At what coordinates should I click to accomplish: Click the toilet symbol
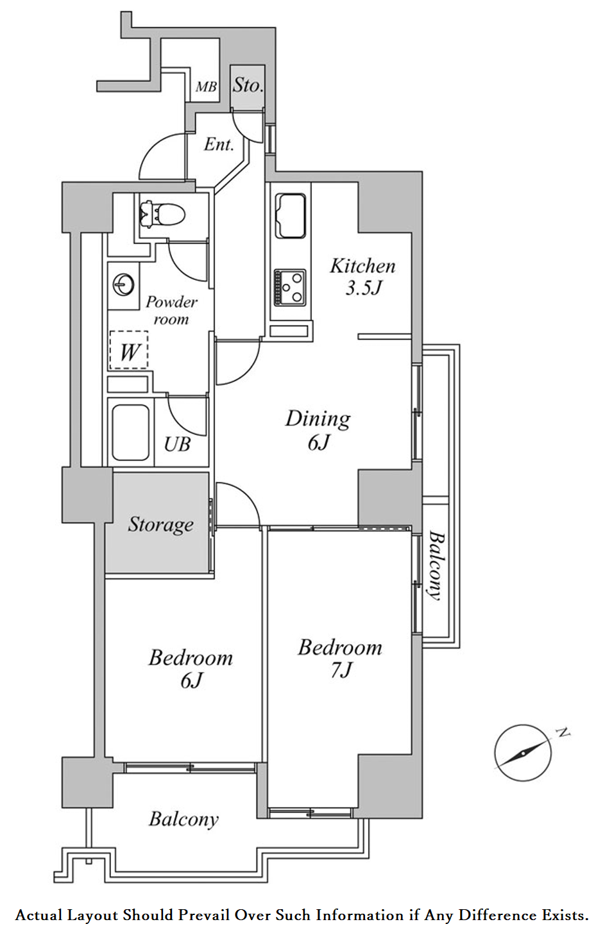163,213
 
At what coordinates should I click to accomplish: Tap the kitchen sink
290,216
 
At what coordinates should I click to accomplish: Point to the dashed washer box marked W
129,350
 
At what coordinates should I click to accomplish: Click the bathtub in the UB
131,433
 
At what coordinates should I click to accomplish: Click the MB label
206,87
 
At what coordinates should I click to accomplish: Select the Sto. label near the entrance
248,85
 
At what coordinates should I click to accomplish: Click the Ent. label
219,145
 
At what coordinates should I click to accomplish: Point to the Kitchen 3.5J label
362,277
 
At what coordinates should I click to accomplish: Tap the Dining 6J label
318,430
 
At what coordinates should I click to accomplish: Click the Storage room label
160,525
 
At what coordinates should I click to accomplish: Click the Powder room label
171,311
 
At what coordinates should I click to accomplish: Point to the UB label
177,444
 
